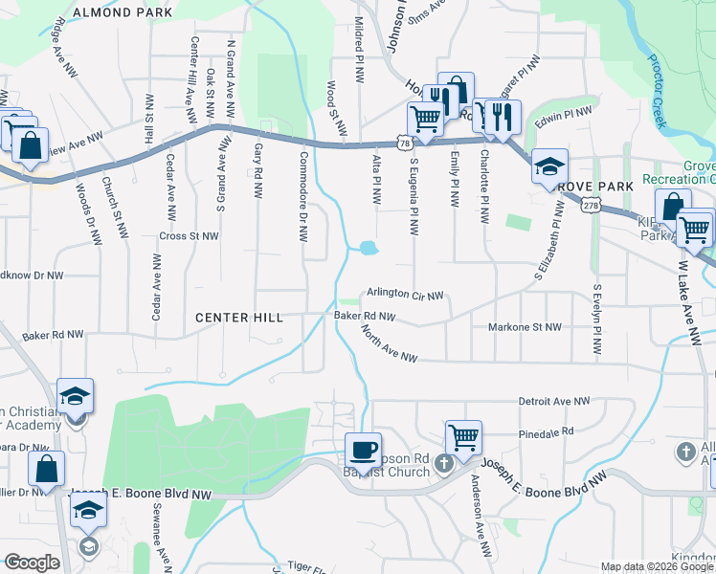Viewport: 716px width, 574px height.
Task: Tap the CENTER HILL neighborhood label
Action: point(239,317)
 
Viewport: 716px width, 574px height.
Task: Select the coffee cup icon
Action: point(364,449)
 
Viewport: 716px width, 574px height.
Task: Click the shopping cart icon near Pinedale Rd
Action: point(463,437)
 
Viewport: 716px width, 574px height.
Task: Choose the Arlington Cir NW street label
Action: point(406,295)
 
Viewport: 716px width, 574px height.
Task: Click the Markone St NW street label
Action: point(525,327)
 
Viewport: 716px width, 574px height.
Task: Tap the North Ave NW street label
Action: point(390,344)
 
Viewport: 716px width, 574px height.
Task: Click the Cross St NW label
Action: point(190,235)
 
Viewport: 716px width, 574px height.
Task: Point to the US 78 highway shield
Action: point(407,143)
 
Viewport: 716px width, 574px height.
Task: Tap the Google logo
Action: point(32,563)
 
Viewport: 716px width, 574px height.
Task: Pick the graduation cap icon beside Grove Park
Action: point(550,165)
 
